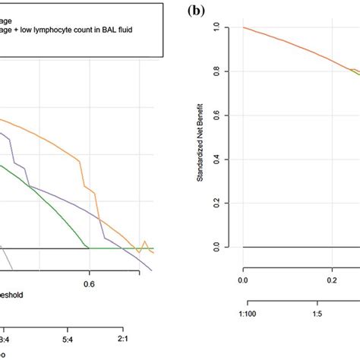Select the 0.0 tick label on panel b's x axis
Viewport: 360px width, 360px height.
pyautogui.click(x=242, y=280)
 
